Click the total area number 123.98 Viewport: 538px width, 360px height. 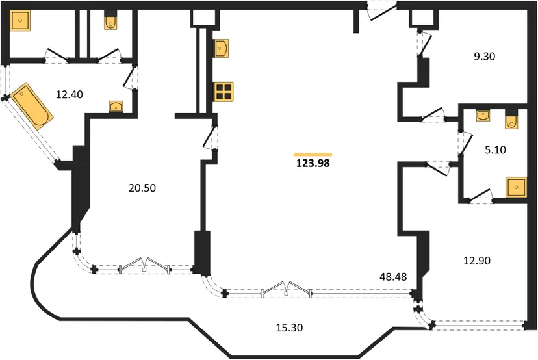(313, 163)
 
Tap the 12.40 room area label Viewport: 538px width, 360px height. (70, 94)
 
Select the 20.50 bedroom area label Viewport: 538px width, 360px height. (142, 188)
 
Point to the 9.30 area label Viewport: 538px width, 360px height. (485, 57)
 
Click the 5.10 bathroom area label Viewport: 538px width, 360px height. (496, 150)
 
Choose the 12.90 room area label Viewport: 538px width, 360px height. (477, 261)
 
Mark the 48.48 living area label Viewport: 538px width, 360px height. (393, 277)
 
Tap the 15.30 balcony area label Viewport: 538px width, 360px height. (289, 328)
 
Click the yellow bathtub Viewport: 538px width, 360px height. (32, 106)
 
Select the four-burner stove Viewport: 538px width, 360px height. (224, 92)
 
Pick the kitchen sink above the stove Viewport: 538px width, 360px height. (222, 48)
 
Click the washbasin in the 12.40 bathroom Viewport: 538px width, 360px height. (116, 107)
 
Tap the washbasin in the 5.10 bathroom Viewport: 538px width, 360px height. (483, 115)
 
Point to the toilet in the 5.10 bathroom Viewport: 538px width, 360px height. (511, 120)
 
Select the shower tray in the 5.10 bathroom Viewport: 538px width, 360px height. (516, 187)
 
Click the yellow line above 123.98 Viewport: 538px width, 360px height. (313, 155)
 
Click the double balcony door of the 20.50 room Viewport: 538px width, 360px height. (144, 265)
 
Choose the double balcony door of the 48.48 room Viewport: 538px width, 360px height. (287, 289)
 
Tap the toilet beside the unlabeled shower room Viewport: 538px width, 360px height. (110, 20)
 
